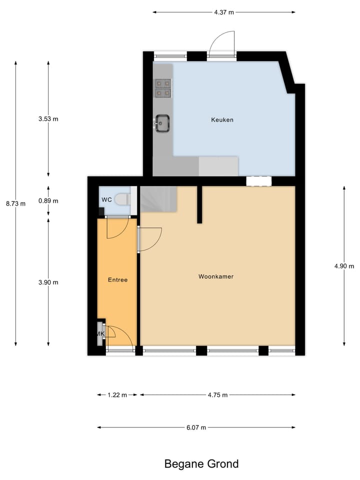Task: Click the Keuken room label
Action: pos(222,120)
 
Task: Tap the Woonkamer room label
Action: pos(216,276)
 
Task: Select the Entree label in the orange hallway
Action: pos(117,280)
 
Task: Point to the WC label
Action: pos(106,200)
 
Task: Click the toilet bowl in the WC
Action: pos(121,200)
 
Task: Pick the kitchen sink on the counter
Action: pos(162,122)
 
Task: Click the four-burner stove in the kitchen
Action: pos(162,87)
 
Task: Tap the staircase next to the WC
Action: pos(157,198)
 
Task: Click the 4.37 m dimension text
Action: pos(223,12)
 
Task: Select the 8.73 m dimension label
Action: pos(15,203)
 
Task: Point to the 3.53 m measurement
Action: pos(48,119)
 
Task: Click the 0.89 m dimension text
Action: pos(48,201)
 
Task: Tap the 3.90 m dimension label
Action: pos(48,282)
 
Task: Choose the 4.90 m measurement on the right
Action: pos(344,266)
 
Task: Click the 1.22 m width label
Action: pos(117,395)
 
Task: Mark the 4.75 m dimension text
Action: pos(217,395)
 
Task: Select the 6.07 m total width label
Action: pos(196,427)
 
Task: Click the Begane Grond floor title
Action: pos(201,464)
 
